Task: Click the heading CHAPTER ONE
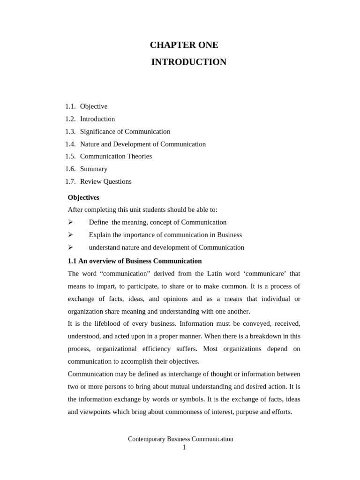[x=184, y=45]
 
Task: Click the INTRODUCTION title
[x=188, y=62]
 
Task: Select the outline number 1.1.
[x=70, y=106]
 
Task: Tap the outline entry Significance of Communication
[x=125, y=132]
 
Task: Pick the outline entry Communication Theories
[x=116, y=157]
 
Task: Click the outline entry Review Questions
[x=105, y=181]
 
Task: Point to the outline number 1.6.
[x=70, y=169]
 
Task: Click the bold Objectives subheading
[x=83, y=197]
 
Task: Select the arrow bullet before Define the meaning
[x=70, y=222]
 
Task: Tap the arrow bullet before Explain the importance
[x=70, y=235]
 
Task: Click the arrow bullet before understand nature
[x=70, y=247]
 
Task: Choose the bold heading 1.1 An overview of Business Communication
[x=135, y=261]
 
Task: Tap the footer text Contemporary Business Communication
[x=180, y=439]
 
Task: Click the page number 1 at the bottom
[x=184, y=448]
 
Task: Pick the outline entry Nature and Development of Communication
[x=142, y=144]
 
